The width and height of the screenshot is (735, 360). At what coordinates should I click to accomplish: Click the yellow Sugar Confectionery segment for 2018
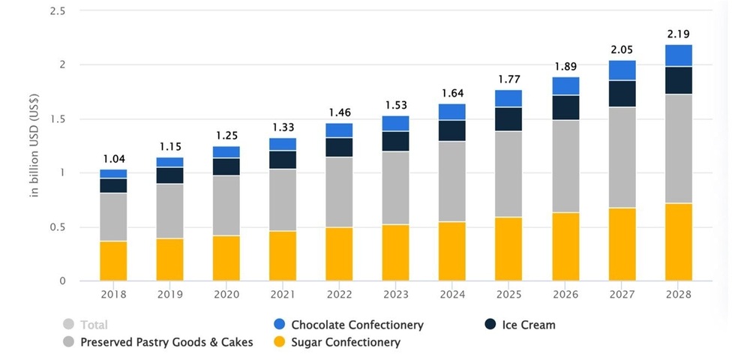tap(113, 260)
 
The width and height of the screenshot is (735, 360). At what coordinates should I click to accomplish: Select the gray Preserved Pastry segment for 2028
tap(679, 148)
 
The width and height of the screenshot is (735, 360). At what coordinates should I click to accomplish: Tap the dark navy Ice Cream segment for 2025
tap(509, 118)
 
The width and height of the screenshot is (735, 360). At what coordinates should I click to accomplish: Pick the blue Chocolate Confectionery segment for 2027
tap(622, 70)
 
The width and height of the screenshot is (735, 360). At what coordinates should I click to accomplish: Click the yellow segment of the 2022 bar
tap(339, 253)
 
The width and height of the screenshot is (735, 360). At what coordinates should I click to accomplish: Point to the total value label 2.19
tap(679, 34)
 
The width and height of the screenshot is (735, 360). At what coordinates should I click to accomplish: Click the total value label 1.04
tap(113, 159)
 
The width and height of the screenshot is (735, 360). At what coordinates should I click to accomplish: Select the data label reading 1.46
tap(339, 112)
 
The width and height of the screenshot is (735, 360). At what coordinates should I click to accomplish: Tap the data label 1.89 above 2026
tap(565, 66)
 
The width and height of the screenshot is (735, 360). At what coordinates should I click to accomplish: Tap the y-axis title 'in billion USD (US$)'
tap(34, 146)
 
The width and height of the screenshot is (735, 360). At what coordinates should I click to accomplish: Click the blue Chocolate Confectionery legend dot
tap(279, 325)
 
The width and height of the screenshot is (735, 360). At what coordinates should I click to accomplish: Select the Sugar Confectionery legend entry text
tap(346, 343)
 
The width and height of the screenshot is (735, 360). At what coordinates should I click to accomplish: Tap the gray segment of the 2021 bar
tap(283, 199)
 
